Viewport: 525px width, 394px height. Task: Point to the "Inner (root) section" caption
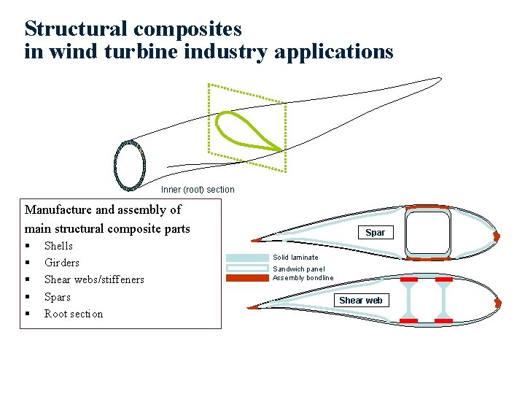tap(198, 190)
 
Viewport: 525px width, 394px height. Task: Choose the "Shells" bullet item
tap(58, 246)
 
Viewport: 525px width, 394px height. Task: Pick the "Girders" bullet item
tap(62, 263)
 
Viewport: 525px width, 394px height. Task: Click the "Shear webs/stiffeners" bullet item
tap(94, 279)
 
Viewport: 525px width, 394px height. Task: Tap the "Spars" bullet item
tap(58, 297)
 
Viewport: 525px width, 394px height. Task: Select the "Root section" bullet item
tap(74, 314)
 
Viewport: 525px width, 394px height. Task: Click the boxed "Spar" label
tap(375, 233)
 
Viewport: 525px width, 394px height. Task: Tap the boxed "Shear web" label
tap(360, 301)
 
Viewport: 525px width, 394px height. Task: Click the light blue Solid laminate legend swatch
tap(247, 258)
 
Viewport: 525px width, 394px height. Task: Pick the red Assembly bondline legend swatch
tap(247, 278)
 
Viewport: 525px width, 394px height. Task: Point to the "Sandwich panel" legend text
tap(299, 269)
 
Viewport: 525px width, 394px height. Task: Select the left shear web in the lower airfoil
tap(409, 300)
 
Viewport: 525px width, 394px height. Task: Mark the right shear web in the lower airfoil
tap(442, 300)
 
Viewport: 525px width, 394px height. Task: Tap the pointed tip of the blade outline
tap(440, 78)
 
